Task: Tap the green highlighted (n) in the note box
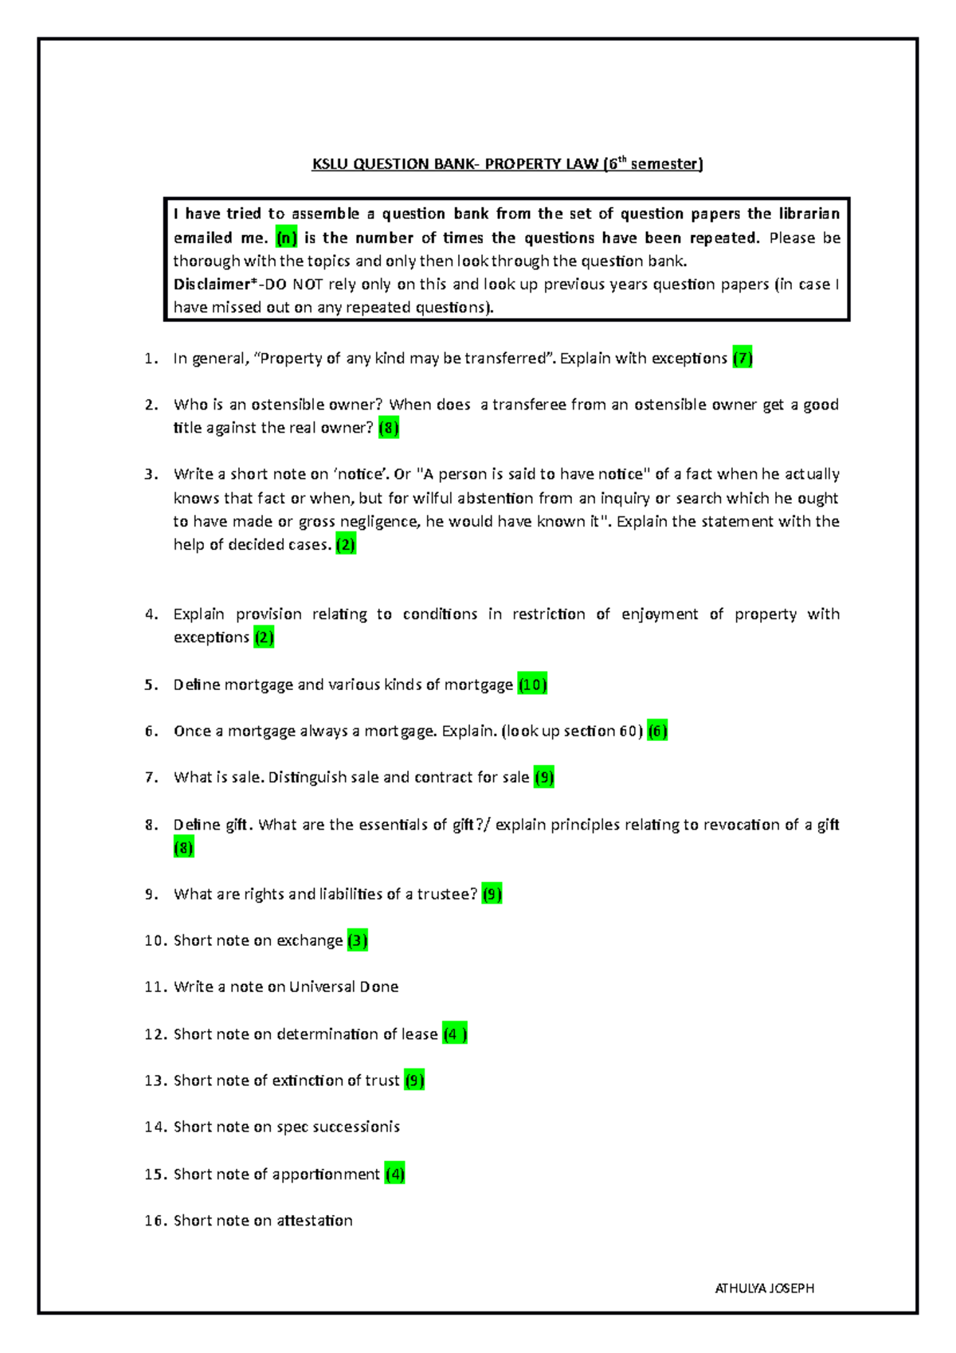pos(286,237)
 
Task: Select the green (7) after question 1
pos(742,359)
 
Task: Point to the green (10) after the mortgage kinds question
pos(532,684)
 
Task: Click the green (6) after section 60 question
pos(657,731)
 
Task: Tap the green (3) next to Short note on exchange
pos(357,940)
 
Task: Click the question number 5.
pos(151,684)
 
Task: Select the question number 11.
pos(155,986)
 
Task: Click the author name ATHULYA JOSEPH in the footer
pos(764,1288)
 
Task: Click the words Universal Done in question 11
pos(343,986)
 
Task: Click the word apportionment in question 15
pos(326,1174)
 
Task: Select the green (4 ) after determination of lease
pos(454,1033)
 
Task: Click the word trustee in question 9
pos(447,894)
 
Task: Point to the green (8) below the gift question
pos(183,848)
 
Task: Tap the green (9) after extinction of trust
pos(414,1080)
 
